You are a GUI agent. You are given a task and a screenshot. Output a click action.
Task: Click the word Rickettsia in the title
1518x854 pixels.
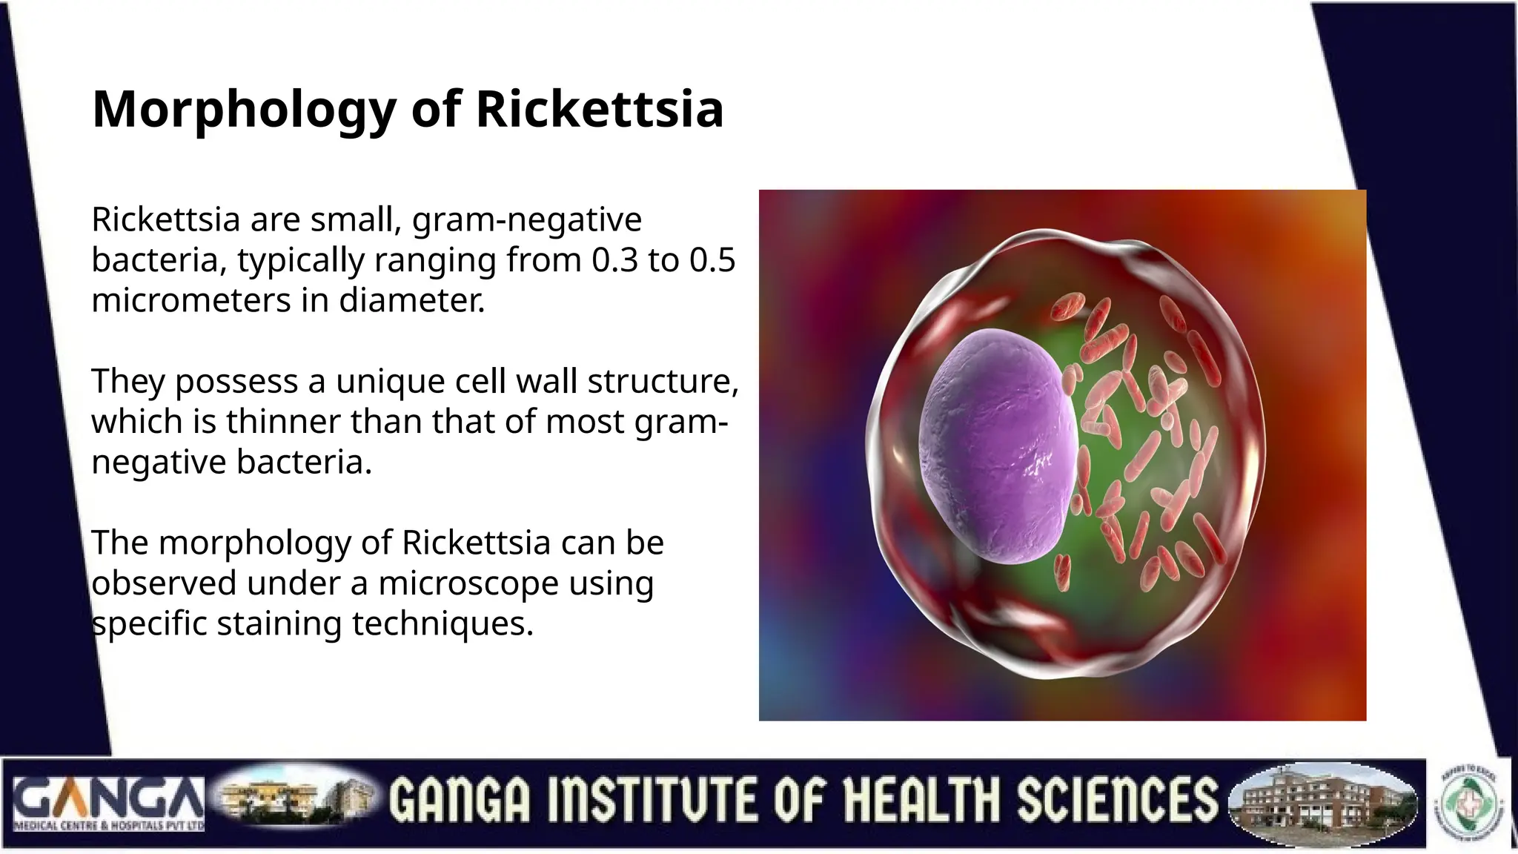point(599,109)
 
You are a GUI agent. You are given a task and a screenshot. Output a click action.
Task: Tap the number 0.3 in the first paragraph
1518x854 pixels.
point(614,260)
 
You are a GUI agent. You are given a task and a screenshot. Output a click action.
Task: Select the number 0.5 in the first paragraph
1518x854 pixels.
point(712,260)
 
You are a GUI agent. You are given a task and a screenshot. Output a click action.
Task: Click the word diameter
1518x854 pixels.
point(411,301)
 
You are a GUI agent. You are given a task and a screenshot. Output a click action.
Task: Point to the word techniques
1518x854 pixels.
point(443,624)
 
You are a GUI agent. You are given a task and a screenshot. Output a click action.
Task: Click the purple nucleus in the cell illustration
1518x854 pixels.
point(997,445)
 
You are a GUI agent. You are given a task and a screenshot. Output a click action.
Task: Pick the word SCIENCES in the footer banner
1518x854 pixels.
point(1117,801)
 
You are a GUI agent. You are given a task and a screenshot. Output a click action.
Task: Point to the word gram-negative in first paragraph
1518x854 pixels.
point(526,220)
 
